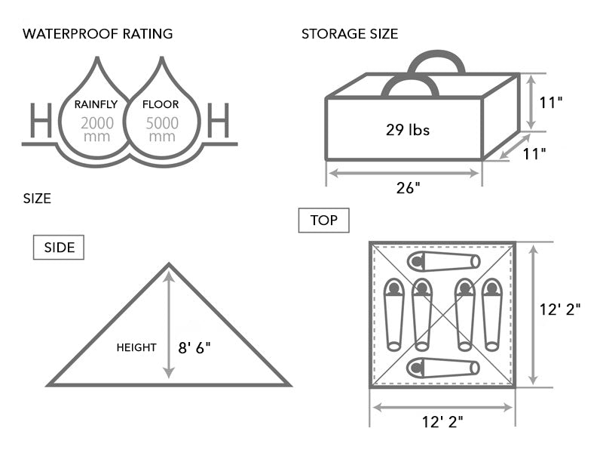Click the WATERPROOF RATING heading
point(98,34)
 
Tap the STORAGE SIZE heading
point(350,34)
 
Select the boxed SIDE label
point(59,248)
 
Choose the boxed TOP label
point(324,220)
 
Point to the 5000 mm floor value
point(162,130)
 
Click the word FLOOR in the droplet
point(161,105)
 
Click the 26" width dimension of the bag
point(408,189)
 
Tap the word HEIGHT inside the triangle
point(136,347)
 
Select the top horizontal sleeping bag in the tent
point(443,261)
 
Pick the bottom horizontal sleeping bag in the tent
point(443,368)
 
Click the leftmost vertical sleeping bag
point(393,314)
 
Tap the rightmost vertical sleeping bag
point(492,314)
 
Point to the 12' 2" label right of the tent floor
point(562,310)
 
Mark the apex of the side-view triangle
point(169,264)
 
